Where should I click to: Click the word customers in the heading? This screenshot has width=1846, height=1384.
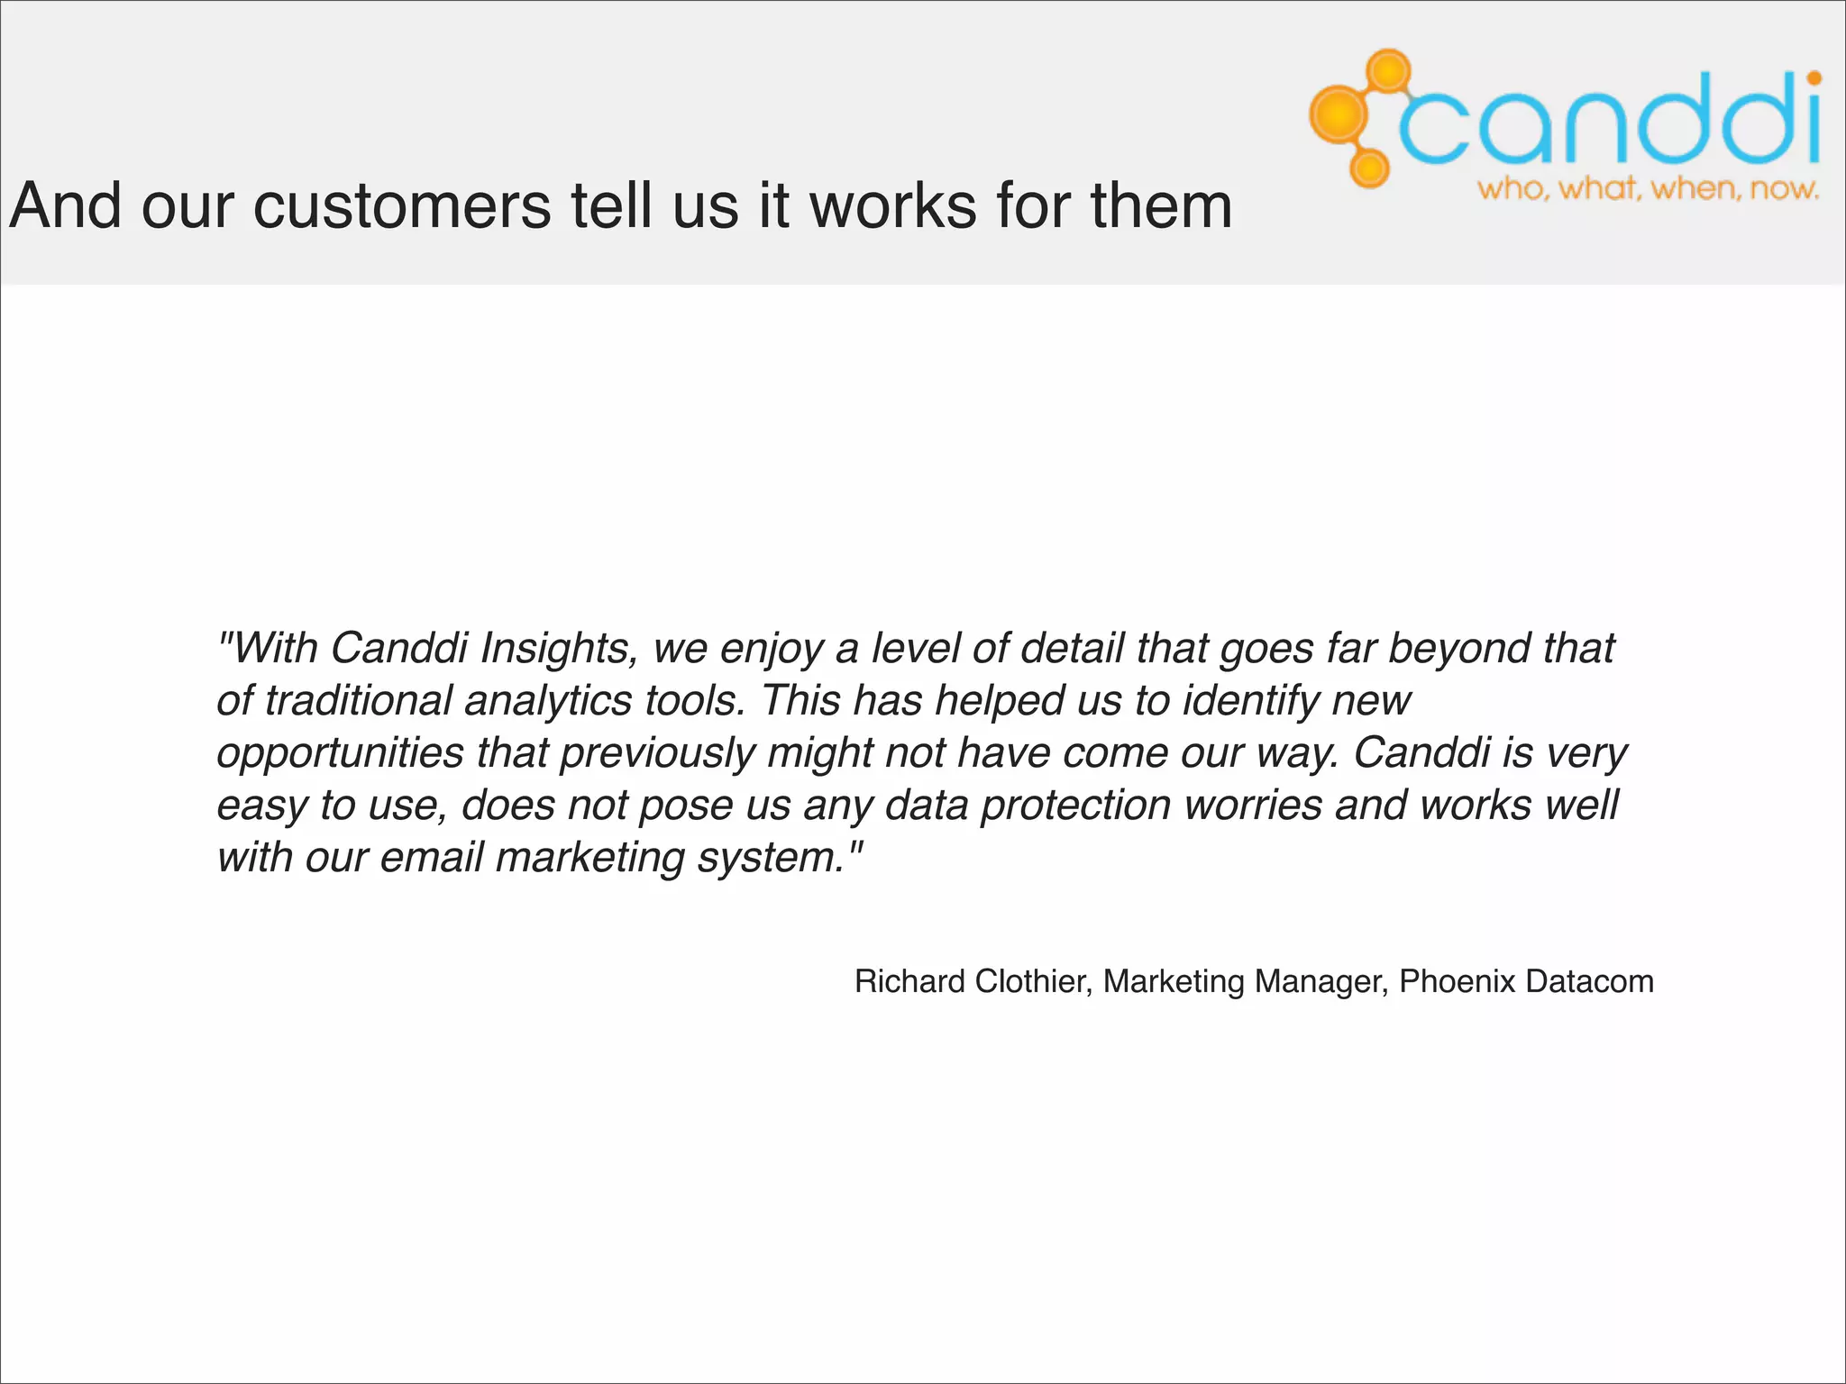pos(401,206)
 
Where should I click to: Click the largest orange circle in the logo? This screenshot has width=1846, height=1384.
pos(1339,114)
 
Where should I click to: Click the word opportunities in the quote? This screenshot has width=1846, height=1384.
pos(340,753)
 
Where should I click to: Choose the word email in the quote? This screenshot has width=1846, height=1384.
pos(432,857)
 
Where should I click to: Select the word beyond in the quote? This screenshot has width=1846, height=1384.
pos(1458,648)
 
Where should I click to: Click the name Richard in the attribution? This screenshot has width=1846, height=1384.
pos(909,981)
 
